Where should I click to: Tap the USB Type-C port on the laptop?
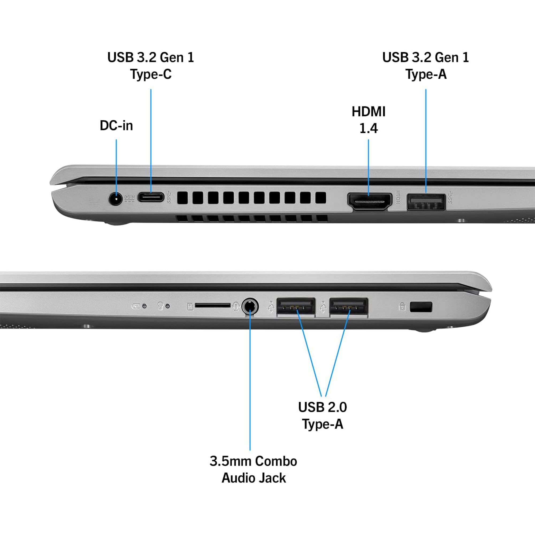coord(151,197)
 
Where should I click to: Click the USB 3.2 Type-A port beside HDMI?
coord(426,202)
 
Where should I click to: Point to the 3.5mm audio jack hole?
coord(250,307)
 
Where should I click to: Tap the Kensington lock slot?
coord(421,307)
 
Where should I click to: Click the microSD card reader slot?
coord(213,305)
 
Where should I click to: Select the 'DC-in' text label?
coord(116,125)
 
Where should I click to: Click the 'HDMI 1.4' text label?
coord(368,120)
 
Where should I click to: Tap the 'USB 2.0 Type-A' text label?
coord(322,416)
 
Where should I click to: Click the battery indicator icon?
coord(135,306)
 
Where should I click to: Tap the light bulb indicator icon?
coord(160,305)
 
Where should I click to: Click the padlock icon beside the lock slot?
coord(402,306)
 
